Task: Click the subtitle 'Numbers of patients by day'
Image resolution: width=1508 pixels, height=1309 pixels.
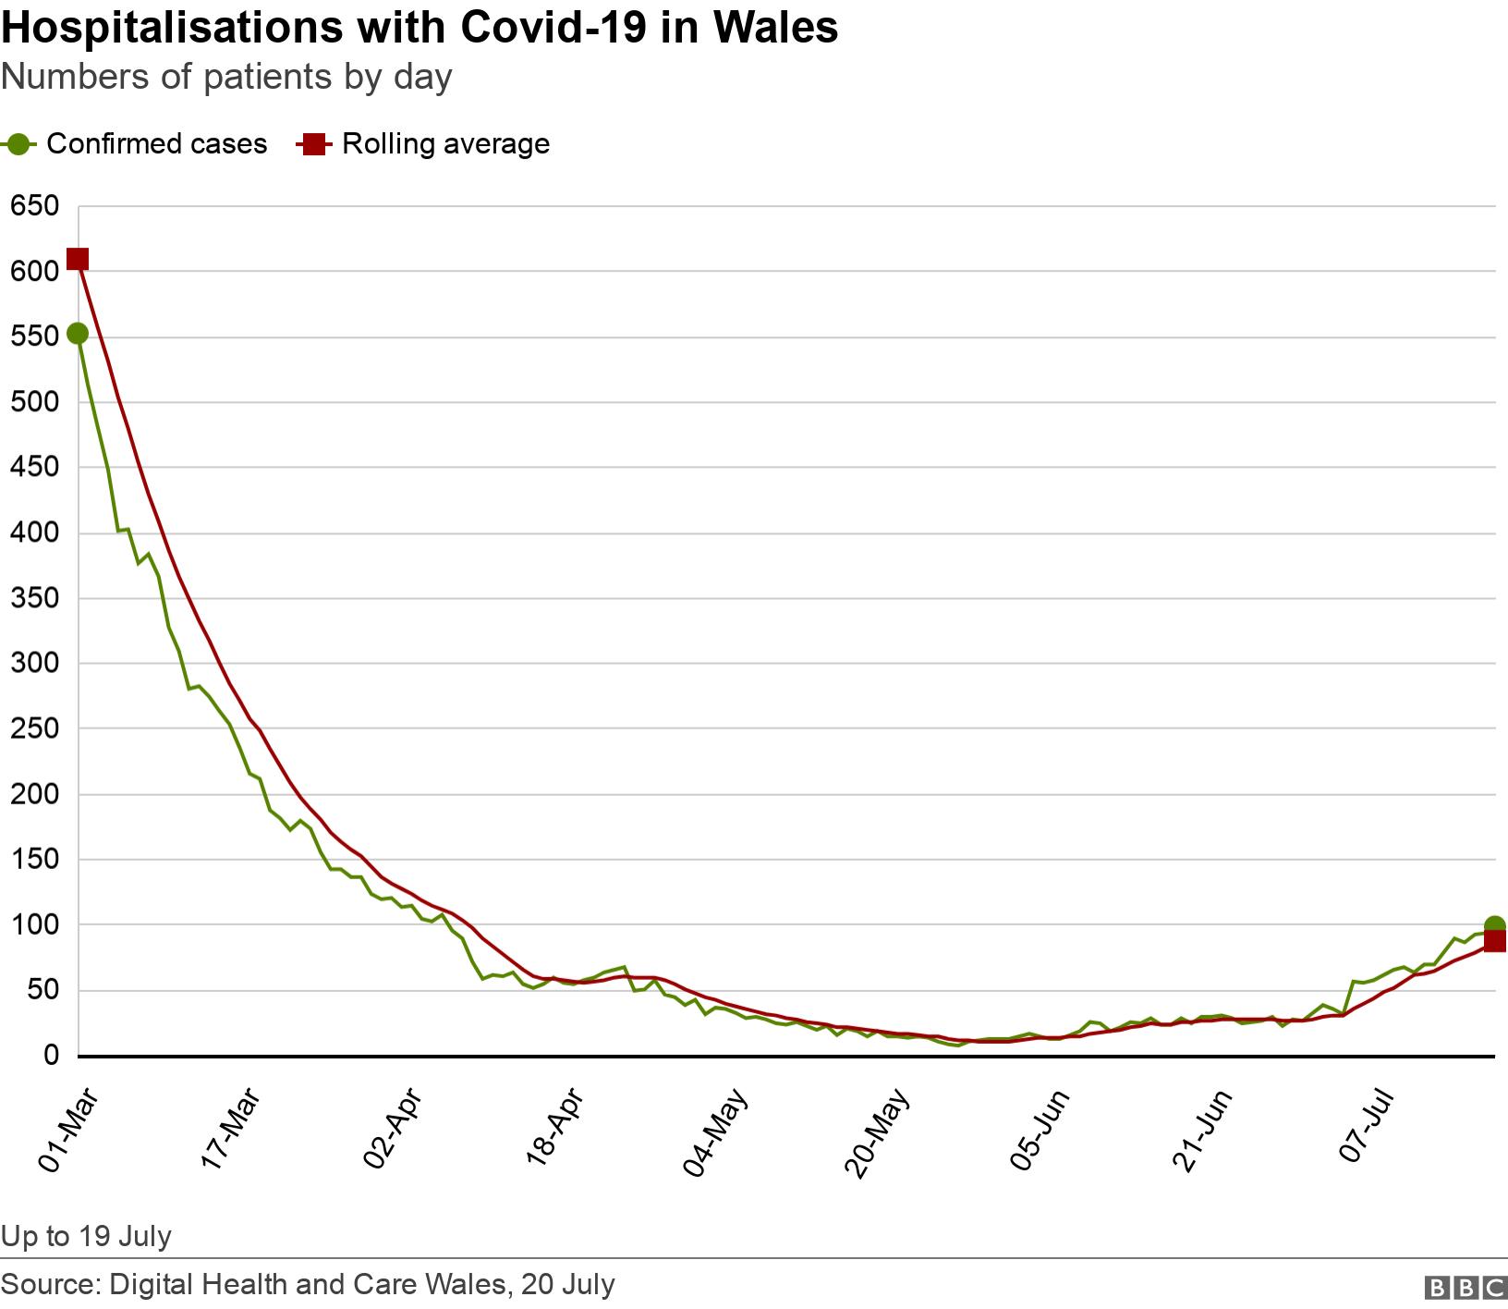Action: pos(226,77)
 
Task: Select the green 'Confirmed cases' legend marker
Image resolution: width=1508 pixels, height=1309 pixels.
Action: pos(18,144)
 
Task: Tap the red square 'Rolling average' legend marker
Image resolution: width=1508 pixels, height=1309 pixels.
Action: pos(313,144)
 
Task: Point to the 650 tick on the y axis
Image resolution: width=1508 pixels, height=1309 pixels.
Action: pos(34,205)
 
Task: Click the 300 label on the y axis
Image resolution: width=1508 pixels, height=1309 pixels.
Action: pos(34,664)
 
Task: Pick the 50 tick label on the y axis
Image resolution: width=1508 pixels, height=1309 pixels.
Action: pos(41,991)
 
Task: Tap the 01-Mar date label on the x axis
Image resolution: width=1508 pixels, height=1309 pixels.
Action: pos(67,1132)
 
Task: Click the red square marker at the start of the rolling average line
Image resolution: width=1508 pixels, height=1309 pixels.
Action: pos(78,259)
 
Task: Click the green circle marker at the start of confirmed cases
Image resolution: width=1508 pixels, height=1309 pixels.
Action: pos(78,334)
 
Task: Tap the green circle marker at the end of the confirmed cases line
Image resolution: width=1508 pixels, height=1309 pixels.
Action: pos(1494,925)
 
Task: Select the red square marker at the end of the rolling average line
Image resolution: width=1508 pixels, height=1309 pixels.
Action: pos(1494,942)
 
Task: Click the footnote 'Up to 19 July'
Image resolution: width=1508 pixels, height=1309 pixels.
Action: pos(86,1236)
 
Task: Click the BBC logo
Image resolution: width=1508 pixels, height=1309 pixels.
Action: pos(1465,1287)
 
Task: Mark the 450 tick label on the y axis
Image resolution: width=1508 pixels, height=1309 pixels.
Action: pos(34,468)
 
